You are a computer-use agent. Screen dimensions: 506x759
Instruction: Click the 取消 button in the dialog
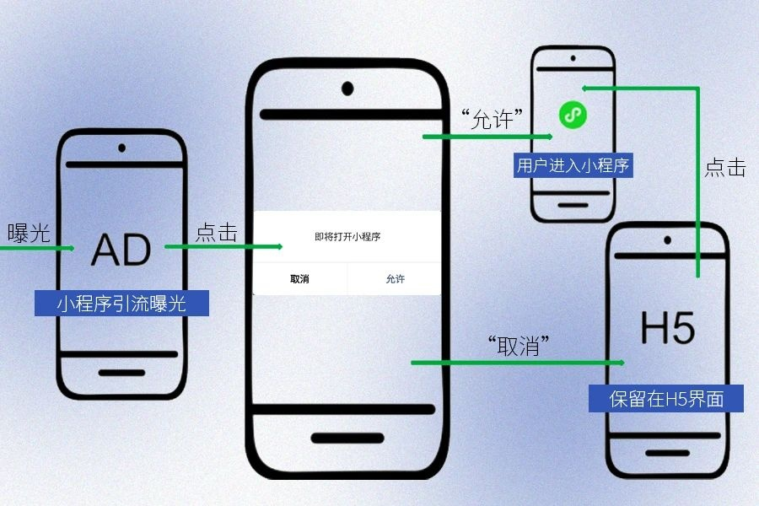pyautogui.click(x=299, y=279)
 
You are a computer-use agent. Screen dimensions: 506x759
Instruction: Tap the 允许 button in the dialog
pyautogui.click(x=395, y=279)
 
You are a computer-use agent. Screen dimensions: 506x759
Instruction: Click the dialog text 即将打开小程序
pyautogui.click(x=347, y=237)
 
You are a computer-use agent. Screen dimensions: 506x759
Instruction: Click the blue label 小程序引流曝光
pyautogui.click(x=121, y=304)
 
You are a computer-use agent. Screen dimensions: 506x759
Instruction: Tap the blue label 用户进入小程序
pyautogui.click(x=573, y=165)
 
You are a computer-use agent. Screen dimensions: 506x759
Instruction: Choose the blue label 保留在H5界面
pyautogui.click(x=666, y=398)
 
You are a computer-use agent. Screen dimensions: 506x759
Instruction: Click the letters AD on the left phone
pyautogui.click(x=121, y=249)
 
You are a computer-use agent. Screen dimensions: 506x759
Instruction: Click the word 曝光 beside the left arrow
pyautogui.click(x=29, y=234)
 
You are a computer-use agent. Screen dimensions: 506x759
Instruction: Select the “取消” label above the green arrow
pyautogui.click(x=519, y=345)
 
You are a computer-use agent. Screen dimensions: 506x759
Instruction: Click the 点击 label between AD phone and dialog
pyautogui.click(x=217, y=233)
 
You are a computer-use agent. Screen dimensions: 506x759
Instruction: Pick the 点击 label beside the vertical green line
pyautogui.click(x=725, y=167)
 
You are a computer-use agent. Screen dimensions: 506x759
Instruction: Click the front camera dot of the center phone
pyautogui.click(x=347, y=87)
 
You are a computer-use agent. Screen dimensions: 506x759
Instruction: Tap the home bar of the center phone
pyautogui.click(x=347, y=439)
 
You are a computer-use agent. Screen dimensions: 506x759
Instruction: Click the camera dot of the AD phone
pyautogui.click(x=121, y=150)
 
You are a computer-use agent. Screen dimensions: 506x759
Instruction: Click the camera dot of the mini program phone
pyautogui.click(x=573, y=60)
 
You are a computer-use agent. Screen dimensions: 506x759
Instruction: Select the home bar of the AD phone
pyautogui.click(x=121, y=372)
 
